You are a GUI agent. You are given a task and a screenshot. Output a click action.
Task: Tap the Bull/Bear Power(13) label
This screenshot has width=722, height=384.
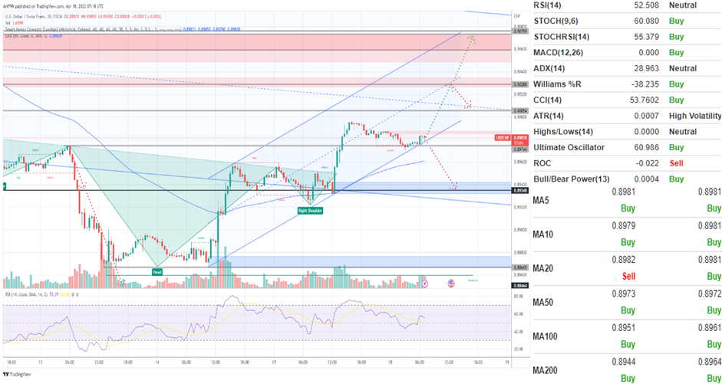click(572, 179)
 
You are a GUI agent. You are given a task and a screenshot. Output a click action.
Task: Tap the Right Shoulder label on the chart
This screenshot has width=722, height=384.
click(309, 209)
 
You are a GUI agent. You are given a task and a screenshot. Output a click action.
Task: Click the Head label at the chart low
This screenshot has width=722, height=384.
click(157, 271)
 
